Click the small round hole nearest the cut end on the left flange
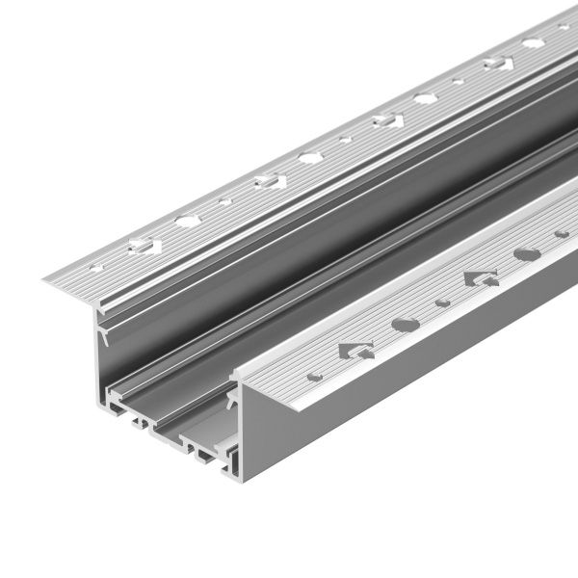coord(95,260)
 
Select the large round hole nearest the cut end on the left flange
coord(184,220)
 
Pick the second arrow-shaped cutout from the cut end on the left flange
coord(266,178)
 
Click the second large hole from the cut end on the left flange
coord(309,157)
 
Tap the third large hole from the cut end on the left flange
coord(425,98)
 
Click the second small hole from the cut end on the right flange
coord(442,302)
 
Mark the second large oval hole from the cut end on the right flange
coord(527,255)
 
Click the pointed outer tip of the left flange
coord(46,282)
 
